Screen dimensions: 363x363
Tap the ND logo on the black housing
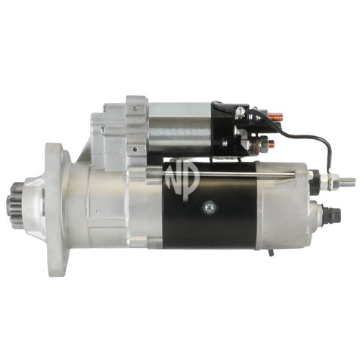pyautogui.click(x=182, y=180)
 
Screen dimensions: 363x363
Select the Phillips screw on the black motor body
pyautogui.click(x=209, y=207)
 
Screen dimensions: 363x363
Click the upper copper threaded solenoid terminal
pyautogui.click(x=275, y=116)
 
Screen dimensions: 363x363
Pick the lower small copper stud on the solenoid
pyautogui.click(x=271, y=144)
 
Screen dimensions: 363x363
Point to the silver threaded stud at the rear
pyautogui.click(x=346, y=181)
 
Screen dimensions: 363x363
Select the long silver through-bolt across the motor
pyautogui.click(x=221, y=174)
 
